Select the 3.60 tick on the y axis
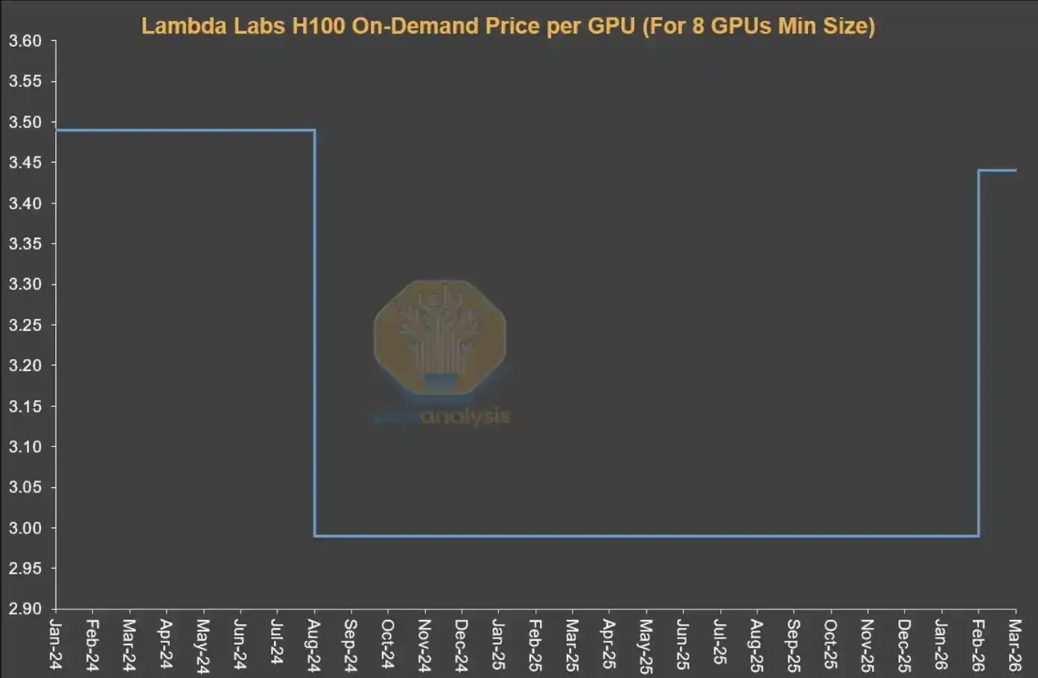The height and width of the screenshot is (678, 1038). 25,41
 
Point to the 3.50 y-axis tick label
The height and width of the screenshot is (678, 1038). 25,122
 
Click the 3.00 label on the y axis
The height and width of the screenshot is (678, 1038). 25,527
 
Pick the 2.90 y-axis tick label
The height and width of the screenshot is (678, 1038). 25,609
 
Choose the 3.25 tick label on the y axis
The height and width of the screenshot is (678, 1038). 25,325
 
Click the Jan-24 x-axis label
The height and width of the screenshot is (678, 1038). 56,644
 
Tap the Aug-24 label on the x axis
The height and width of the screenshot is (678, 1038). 314,644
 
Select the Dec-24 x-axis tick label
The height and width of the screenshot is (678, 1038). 462,644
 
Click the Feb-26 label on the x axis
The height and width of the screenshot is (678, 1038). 978,644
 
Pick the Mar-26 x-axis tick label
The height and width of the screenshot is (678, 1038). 1015,644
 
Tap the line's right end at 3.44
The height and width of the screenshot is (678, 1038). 1015,171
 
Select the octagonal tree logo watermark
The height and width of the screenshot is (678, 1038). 440,337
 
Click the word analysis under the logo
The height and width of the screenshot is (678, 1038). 465,416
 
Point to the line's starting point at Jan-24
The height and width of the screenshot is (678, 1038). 57,130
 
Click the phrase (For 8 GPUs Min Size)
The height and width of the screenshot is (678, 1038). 758,26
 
